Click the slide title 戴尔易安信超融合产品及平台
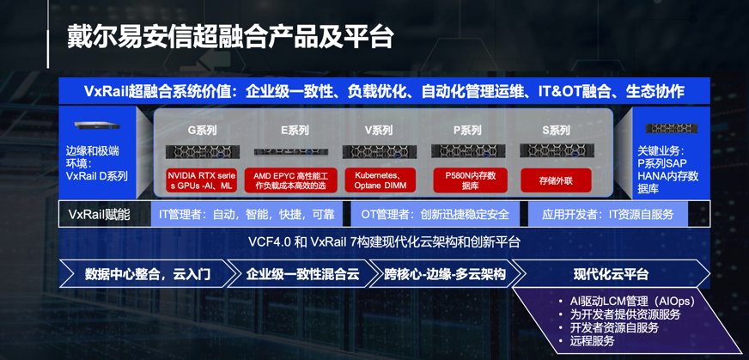229,36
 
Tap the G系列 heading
202,130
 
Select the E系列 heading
291,130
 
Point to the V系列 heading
379,130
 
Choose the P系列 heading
467,130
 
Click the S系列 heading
556,130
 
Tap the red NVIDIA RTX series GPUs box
202,180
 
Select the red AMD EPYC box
291,180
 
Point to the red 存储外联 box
556,180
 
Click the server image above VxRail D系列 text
97,125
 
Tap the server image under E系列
291,152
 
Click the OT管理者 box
435,214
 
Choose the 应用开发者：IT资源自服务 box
607,214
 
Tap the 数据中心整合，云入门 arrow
148,274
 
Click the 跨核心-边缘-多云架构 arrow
445,274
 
